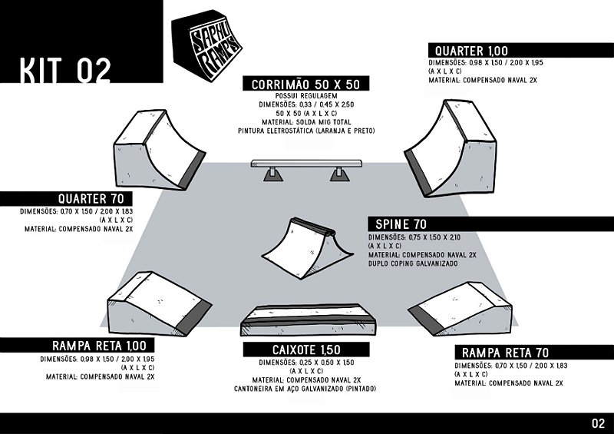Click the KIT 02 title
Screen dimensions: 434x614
[x=65, y=68]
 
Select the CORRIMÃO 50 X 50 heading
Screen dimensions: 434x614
[x=306, y=84]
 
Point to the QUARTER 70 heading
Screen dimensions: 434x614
[x=94, y=197]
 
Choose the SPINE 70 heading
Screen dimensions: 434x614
[x=401, y=224]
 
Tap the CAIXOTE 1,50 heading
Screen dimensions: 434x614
[x=305, y=350]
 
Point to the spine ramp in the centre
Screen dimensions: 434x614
[x=306, y=246]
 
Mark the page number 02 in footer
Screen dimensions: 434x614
[x=599, y=423]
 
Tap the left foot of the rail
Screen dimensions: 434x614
[x=271, y=174]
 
